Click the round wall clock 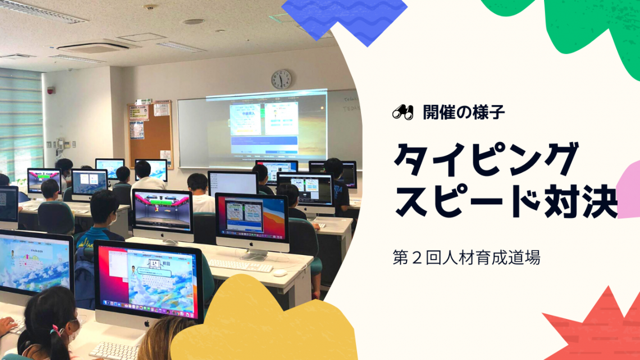(x=281, y=79)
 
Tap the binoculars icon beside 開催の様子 (x=403, y=112)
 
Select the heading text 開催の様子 (x=464, y=112)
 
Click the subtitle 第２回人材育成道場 (x=466, y=258)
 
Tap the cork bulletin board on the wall (x=150, y=134)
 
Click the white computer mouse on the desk (x=280, y=272)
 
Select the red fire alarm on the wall (x=51, y=90)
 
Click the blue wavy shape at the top (x=345, y=19)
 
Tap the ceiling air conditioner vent (x=95, y=47)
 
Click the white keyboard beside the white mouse (x=240, y=265)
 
